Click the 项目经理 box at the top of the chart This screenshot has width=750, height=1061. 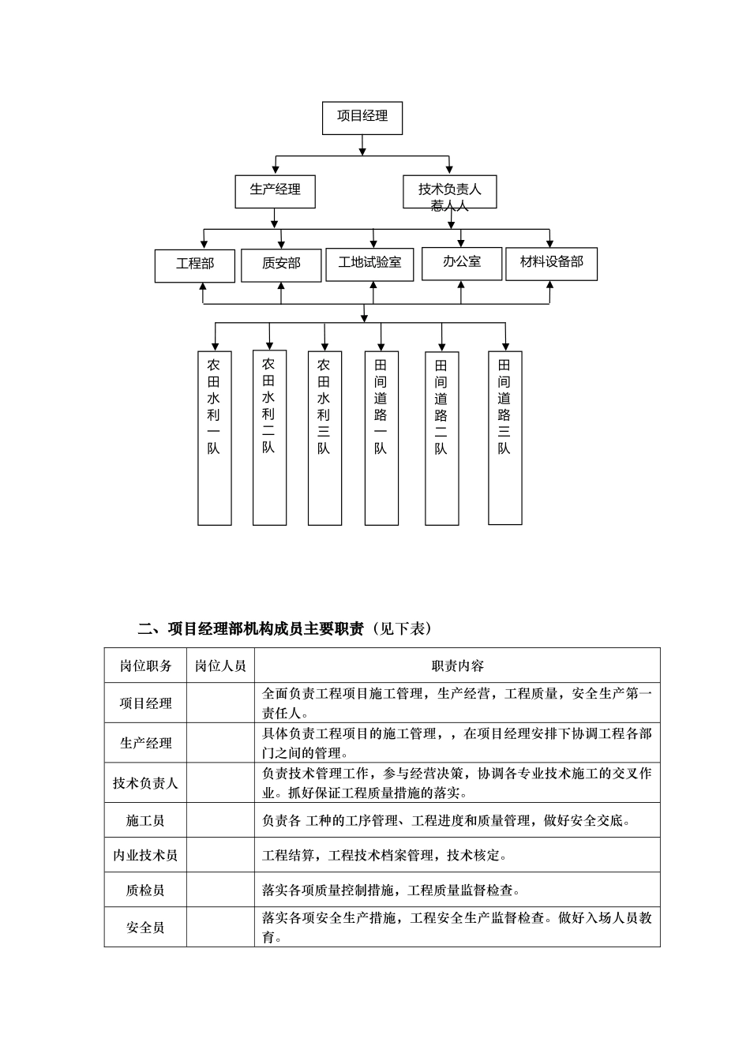pyautogui.click(x=362, y=117)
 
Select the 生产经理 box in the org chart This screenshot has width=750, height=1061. pyautogui.click(x=275, y=190)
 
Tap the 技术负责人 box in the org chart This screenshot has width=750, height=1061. pyautogui.click(x=449, y=191)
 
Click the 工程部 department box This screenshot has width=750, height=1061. pyautogui.click(x=195, y=264)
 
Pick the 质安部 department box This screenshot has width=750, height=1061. pyautogui.click(x=281, y=264)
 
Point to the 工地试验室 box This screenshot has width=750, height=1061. pyautogui.click(x=369, y=264)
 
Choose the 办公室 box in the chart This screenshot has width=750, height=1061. pyautogui.click(x=462, y=263)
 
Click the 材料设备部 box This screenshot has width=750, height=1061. pyautogui.click(x=551, y=263)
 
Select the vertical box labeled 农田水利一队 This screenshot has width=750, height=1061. pyautogui.click(x=214, y=437)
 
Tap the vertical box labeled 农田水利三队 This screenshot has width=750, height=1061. pyautogui.click(x=324, y=437)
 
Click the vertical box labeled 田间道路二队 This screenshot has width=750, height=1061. pyautogui.click(x=441, y=437)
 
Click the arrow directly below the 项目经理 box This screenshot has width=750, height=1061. pyautogui.click(x=362, y=145)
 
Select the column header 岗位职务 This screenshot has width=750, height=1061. pyautogui.click(x=145, y=666)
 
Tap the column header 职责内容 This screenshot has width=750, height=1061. pyautogui.click(x=457, y=666)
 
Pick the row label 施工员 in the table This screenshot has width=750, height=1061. pyautogui.click(x=145, y=821)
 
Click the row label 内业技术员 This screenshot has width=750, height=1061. pyautogui.click(x=145, y=856)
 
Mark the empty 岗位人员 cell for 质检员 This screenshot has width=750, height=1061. pyautogui.click(x=220, y=890)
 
